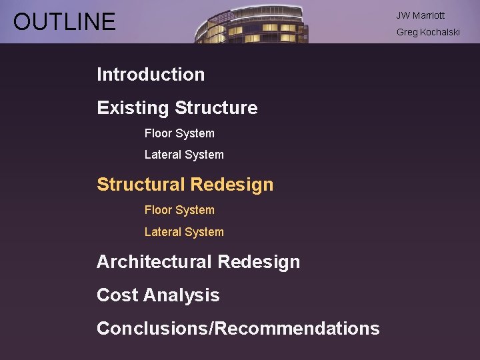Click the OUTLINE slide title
64,22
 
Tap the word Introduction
151,75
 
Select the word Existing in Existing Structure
133,108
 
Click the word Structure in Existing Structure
216,108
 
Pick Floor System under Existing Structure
179,133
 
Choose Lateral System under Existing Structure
184,155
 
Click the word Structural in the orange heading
141,185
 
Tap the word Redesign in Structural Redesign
232,185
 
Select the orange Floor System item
179,210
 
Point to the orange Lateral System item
184,232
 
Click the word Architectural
153,262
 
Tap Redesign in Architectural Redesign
259,262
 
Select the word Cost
117,295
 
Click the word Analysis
181,295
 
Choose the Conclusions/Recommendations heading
238,329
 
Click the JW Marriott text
420,15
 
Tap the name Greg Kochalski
428,32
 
